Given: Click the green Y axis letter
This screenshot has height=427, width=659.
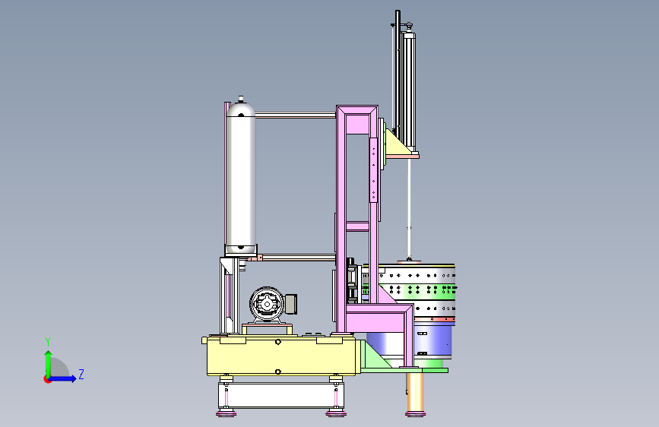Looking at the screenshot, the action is coord(48,341).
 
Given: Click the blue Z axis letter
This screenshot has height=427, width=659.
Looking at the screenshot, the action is coord(81,374).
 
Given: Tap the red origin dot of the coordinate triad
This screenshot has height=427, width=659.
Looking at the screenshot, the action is coord(47,379).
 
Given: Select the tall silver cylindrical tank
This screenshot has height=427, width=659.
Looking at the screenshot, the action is coord(241,176).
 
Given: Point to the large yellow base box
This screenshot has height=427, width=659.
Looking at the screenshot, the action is coord(281,356).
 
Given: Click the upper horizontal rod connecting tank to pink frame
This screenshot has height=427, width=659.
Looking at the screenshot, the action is coord(296,115).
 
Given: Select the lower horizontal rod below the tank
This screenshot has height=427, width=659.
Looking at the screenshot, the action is coord(299,258).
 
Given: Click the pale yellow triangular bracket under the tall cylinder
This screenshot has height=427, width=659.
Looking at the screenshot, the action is coord(397,145).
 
